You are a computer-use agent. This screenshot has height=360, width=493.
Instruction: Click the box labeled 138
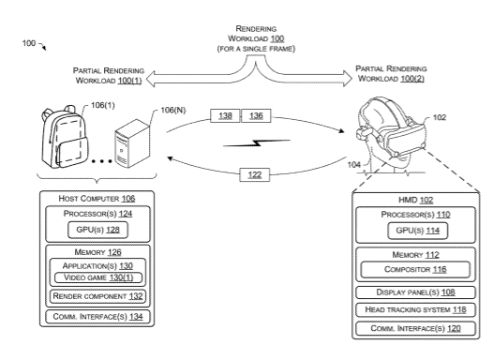(x=225, y=115)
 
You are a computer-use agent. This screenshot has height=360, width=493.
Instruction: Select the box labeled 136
(x=256, y=115)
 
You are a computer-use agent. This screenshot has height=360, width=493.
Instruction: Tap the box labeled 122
(x=255, y=174)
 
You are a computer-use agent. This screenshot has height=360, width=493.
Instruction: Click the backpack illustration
(x=65, y=137)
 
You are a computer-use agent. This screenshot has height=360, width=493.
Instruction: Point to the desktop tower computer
(x=132, y=143)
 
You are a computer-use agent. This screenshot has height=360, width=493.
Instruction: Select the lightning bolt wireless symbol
(x=257, y=143)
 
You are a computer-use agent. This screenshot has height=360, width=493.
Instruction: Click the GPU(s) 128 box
(x=97, y=230)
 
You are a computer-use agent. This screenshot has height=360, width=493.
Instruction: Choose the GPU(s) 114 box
(x=417, y=231)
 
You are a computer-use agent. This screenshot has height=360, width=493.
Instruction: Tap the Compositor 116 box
(x=415, y=269)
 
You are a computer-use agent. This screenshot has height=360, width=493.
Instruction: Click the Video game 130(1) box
(x=98, y=277)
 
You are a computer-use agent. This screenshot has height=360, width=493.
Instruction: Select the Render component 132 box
(x=97, y=296)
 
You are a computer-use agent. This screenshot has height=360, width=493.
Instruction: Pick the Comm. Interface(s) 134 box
(x=97, y=317)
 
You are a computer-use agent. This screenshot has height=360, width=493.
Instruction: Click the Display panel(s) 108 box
(x=415, y=292)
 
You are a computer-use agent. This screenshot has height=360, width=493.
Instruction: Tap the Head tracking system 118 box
(x=415, y=310)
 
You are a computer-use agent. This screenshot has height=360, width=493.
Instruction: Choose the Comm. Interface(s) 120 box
(x=415, y=328)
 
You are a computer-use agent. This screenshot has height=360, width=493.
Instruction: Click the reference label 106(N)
(x=173, y=110)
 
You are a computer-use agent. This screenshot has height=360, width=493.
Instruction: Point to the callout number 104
(x=353, y=165)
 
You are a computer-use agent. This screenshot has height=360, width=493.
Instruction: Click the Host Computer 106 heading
(x=97, y=199)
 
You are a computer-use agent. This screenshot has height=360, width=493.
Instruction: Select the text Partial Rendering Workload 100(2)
(x=391, y=73)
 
